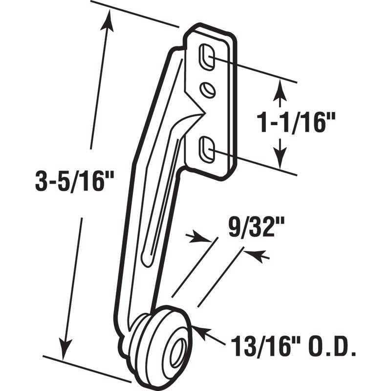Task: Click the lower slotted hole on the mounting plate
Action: [x=206, y=148]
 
